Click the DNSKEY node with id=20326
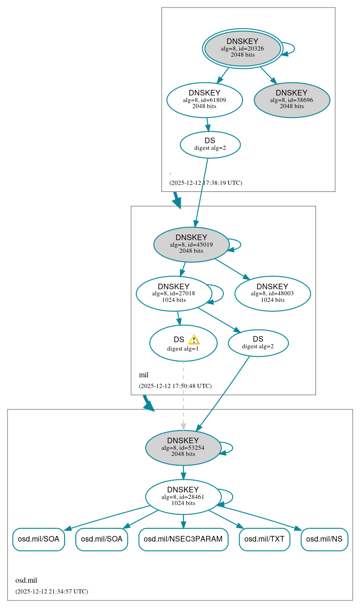click(x=242, y=48)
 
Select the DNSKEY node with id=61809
click(x=204, y=100)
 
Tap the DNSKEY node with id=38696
click(x=292, y=100)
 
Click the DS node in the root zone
click(x=210, y=145)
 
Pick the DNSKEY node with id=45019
click(x=191, y=244)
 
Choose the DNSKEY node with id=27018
click(x=173, y=293)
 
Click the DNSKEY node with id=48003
click(x=272, y=293)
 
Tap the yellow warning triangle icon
click(x=194, y=340)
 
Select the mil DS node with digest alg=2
click(x=258, y=343)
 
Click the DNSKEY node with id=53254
click(x=183, y=447)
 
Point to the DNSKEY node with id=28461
click(x=183, y=497)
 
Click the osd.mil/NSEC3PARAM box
click(x=183, y=539)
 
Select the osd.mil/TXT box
click(x=264, y=539)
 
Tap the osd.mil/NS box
click(x=324, y=539)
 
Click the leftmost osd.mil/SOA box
click(x=38, y=539)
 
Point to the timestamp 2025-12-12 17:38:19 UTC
click(x=206, y=183)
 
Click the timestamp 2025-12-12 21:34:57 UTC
click(x=51, y=592)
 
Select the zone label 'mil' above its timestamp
click(x=144, y=375)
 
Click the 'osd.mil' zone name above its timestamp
click(x=26, y=580)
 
